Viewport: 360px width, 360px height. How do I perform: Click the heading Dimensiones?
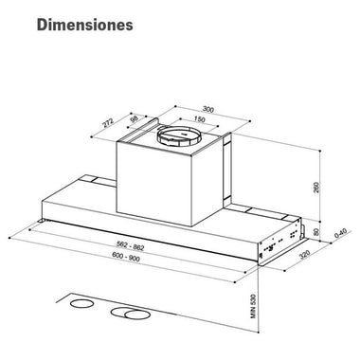[85, 25]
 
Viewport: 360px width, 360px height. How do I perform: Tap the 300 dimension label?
[208, 110]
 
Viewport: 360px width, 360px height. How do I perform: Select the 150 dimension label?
[199, 119]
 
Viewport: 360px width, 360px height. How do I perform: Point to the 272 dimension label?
[108, 122]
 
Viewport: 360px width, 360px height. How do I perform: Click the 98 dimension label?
[135, 119]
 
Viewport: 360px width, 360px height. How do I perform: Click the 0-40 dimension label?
[340, 233]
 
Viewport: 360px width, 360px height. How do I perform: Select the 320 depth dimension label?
[305, 254]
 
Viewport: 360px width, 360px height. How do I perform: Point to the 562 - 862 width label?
[131, 245]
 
